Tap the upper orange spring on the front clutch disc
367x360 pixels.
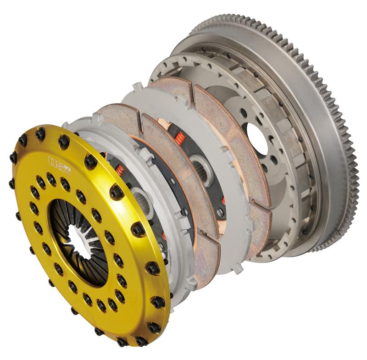[120, 170]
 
